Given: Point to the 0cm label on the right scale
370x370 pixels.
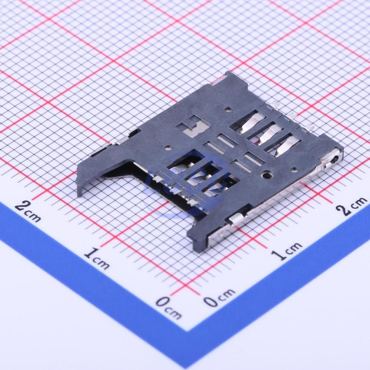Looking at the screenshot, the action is [x=220, y=297].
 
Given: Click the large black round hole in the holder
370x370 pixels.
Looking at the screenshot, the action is [x=267, y=175].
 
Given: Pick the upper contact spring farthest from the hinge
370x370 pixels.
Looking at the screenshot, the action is [x=251, y=123].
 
